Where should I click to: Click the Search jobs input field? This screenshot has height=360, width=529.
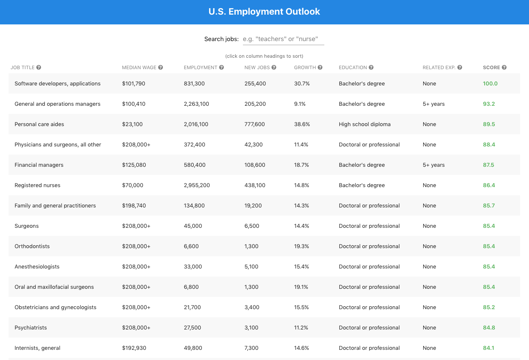tap(283, 39)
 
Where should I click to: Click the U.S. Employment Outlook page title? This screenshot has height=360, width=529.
tap(264, 11)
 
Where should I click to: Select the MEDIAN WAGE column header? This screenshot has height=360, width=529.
tap(139, 68)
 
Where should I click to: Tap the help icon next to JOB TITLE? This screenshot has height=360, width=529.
tap(39, 68)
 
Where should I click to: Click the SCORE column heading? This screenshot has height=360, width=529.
tap(491, 68)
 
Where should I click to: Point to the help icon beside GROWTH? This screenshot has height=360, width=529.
tap(320, 68)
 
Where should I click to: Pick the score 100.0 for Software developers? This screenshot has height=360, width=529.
tap(490, 83)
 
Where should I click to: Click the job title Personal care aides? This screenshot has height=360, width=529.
tap(39, 124)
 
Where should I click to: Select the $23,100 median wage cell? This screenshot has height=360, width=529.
tap(132, 124)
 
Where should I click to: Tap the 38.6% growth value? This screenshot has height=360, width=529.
tap(302, 124)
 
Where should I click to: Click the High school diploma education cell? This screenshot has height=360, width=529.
tap(365, 124)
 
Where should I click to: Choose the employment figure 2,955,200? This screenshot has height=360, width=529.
tap(197, 185)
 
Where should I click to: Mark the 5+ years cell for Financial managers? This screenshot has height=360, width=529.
tap(433, 165)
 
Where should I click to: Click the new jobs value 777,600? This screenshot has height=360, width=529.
tap(255, 124)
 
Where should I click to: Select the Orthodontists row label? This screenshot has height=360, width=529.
tap(32, 246)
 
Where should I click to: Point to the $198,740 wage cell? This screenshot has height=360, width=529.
tap(134, 205)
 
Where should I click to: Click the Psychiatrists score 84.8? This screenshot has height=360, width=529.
tap(489, 327)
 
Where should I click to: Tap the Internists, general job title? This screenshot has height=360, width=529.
tap(37, 348)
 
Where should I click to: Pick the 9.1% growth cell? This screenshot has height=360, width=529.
tap(300, 104)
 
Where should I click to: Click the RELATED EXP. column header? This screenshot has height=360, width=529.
tap(439, 68)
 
